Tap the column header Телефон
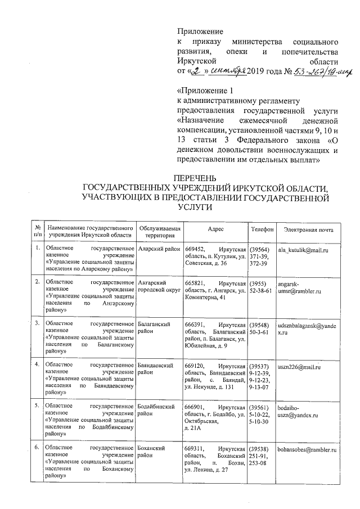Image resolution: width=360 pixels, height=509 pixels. tap(262, 229)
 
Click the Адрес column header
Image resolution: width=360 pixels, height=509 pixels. tap(215, 229)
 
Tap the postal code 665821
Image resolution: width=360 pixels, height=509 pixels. tap(195, 283)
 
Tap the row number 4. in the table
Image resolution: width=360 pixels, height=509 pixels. tap(38, 366)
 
